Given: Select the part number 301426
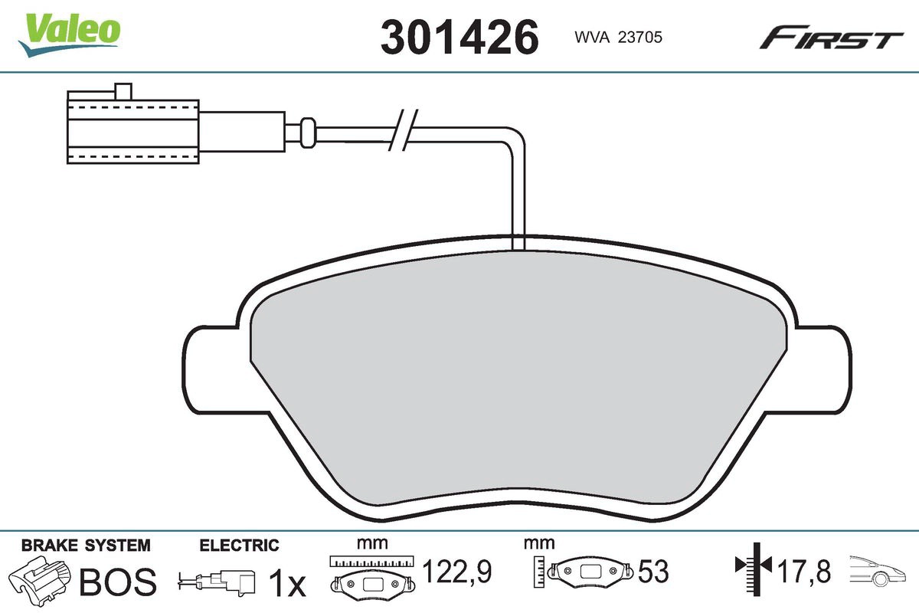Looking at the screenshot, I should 459,37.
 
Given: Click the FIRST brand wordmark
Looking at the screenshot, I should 831,38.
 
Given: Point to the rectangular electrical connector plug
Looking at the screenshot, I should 134,130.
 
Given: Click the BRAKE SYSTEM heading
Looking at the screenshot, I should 86,546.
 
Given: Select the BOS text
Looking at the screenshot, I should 118,582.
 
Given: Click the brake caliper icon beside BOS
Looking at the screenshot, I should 38,579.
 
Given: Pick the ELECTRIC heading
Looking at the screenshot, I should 239,546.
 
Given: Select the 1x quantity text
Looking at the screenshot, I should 288,583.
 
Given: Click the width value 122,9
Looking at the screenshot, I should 456,571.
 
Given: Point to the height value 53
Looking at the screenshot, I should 654,572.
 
